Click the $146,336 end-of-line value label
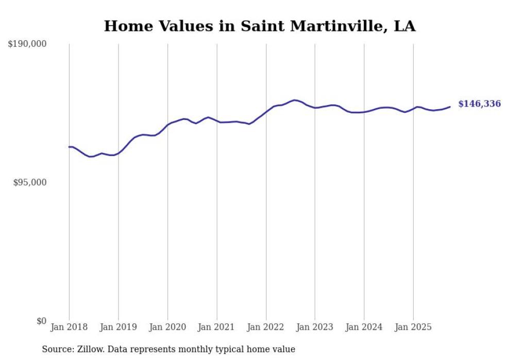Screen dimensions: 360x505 click(479, 104)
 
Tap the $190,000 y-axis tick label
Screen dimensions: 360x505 click(27, 44)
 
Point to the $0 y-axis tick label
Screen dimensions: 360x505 click(41, 321)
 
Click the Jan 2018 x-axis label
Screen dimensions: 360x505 click(69, 327)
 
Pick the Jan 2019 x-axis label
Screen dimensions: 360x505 click(119, 327)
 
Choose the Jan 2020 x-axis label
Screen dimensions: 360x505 click(167, 327)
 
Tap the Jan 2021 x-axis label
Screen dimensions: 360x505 click(216, 327)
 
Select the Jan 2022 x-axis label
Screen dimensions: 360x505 click(266, 327)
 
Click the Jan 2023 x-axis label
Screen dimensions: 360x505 click(315, 327)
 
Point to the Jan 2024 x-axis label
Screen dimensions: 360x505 click(364, 327)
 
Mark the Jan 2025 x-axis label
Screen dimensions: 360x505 click(413, 327)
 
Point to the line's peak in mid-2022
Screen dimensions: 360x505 click(294, 100)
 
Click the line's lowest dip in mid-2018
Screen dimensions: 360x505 click(91, 157)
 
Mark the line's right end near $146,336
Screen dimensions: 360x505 click(450, 107)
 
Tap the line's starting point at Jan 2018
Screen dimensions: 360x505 click(70, 147)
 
